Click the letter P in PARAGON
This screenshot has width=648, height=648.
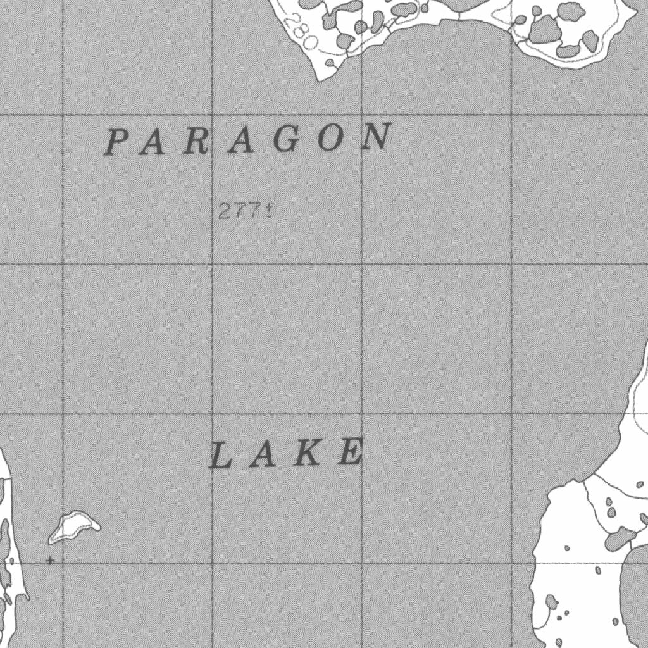pyautogui.click(x=117, y=142)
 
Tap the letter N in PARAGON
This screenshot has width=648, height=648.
pyautogui.click(x=377, y=137)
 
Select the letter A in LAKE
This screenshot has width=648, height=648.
pyautogui.click(x=261, y=456)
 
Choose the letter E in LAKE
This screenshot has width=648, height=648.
pyautogui.click(x=351, y=452)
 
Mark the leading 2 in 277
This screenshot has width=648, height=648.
pyautogui.click(x=223, y=211)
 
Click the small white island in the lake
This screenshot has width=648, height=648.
pyautogui.click(x=74, y=526)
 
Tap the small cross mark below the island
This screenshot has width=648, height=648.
pyautogui.click(x=50, y=560)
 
